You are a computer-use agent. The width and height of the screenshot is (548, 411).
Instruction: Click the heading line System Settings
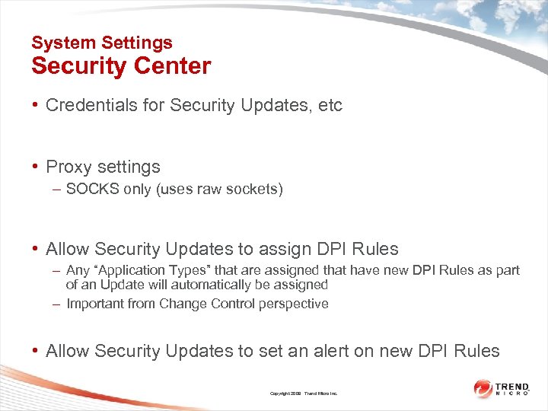(x=102, y=43)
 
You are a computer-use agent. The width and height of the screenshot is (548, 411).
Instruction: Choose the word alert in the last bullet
(x=346, y=351)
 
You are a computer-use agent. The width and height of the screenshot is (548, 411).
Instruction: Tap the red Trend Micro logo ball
(x=483, y=388)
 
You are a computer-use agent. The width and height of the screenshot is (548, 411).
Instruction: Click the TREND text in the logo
(x=515, y=385)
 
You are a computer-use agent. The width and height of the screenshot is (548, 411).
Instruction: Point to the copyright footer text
(x=304, y=393)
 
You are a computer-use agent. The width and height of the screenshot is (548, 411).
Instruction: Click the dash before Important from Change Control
(x=58, y=304)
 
